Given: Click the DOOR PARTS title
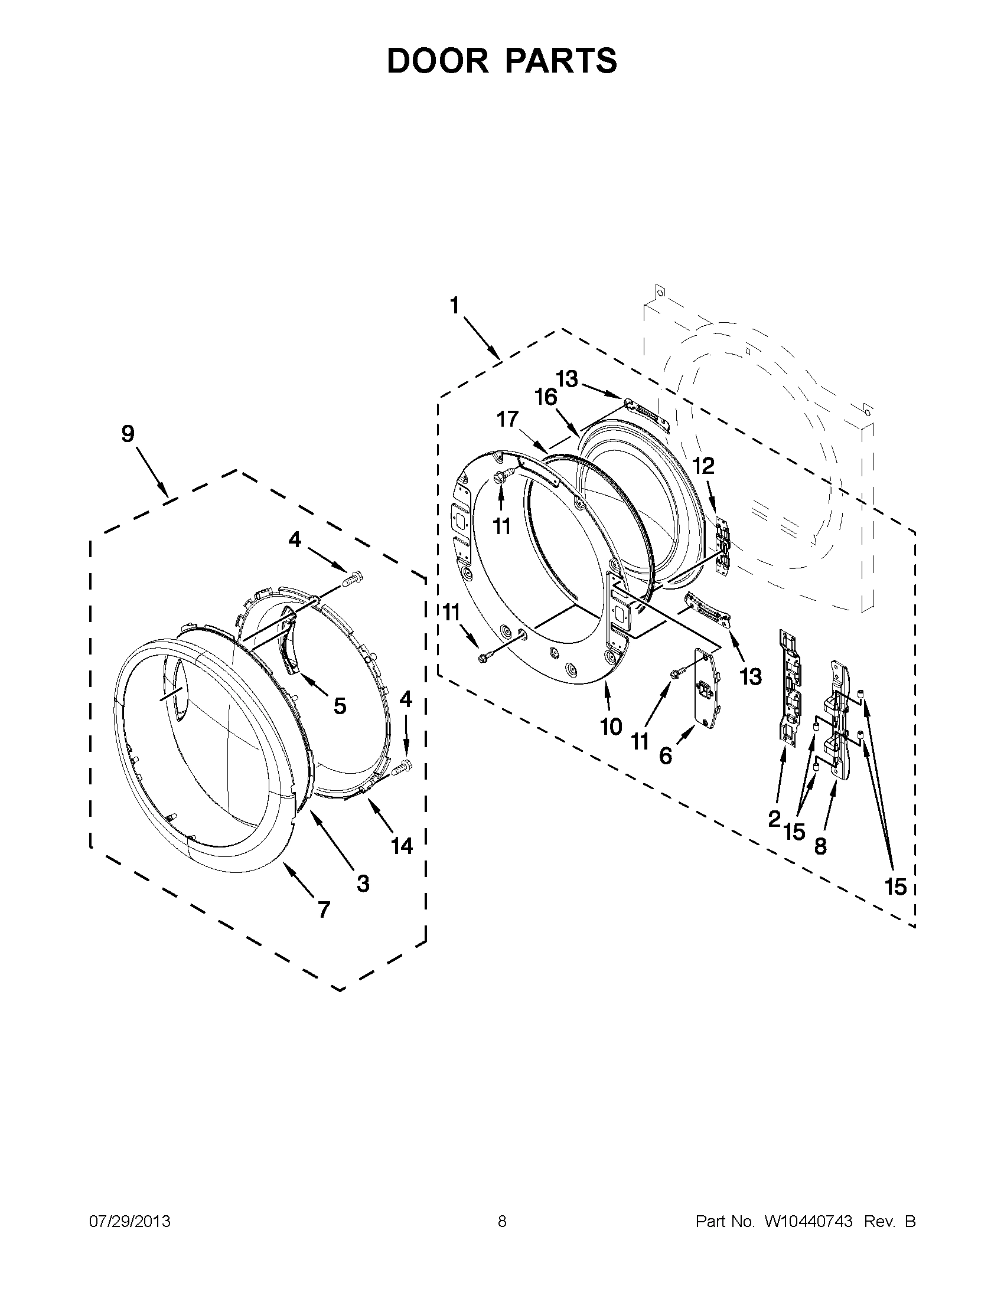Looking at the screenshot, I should pyautogui.click(x=501, y=61).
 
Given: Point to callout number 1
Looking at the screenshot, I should pyautogui.click(x=455, y=306).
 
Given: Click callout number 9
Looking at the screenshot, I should pyautogui.click(x=128, y=434).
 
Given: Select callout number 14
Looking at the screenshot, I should pyautogui.click(x=402, y=845).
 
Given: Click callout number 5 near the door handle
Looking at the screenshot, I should pyautogui.click(x=339, y=706).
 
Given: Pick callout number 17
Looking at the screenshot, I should pyautogui.click(x=508, y=419).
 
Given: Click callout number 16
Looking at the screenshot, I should pyautogui.click(x=545, y=397).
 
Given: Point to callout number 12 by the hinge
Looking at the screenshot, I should pyautogui.click(x=703, y=466).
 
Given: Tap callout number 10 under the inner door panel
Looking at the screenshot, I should pyautogui.click(x=611, y=727).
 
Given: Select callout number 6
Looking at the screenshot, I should pyautogui.click(x=666, y=755).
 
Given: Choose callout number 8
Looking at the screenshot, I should pyautogui.click(x=820, y=846).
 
